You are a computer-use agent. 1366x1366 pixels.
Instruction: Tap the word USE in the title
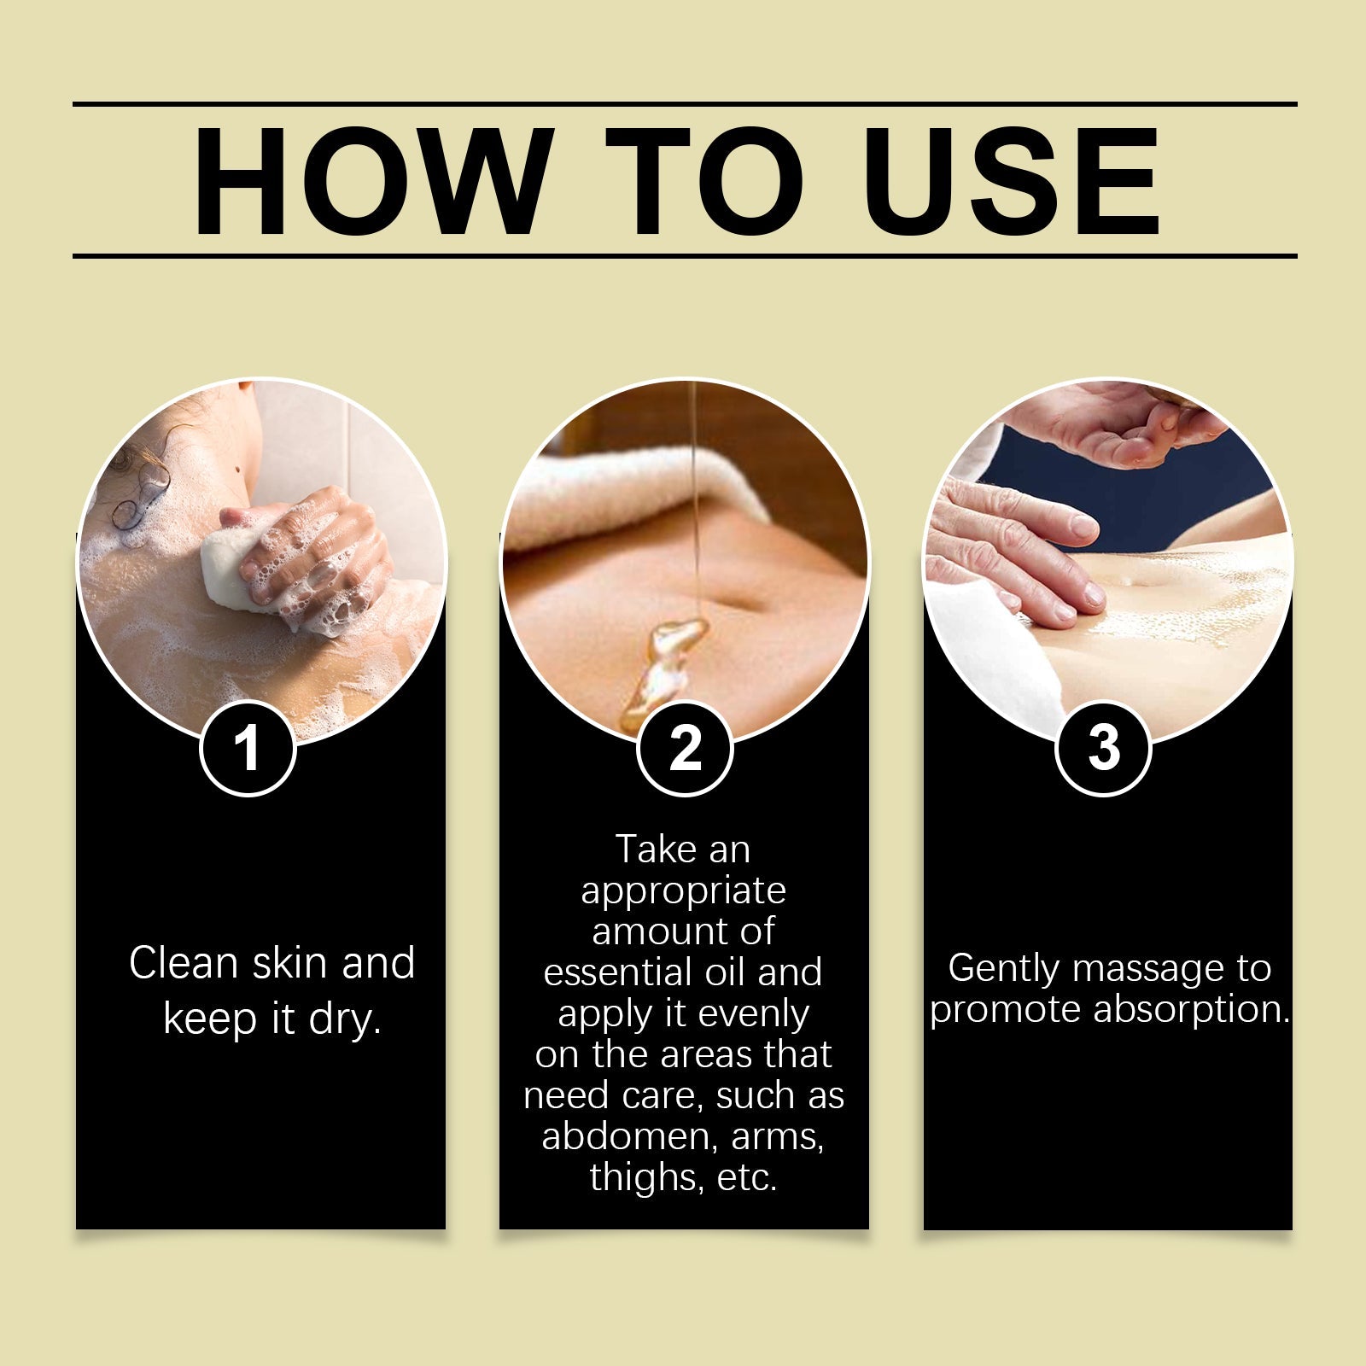(1014, 181)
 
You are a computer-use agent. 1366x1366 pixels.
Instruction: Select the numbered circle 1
(248, 748)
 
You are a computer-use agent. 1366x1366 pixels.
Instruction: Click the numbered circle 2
(685, 748)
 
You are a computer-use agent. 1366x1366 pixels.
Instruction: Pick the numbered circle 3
(1103, 748)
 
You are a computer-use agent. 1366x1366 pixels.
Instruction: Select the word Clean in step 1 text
(184, 963)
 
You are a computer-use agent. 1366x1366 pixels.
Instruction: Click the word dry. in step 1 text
(345, 1019)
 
